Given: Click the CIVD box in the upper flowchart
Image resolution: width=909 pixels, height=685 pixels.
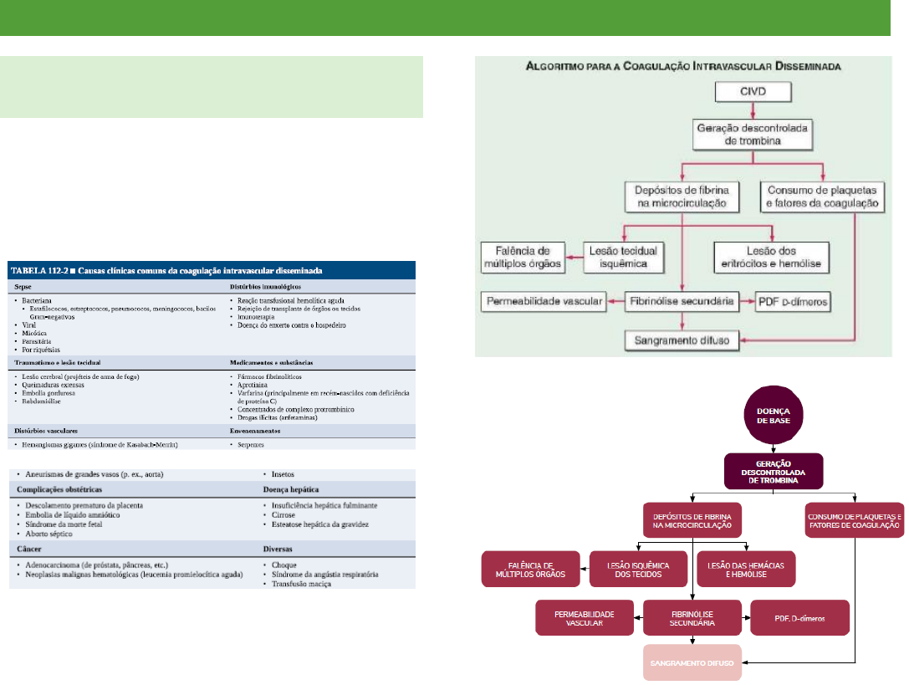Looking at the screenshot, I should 754,90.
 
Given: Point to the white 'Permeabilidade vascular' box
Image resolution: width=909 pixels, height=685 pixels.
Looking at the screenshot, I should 542,299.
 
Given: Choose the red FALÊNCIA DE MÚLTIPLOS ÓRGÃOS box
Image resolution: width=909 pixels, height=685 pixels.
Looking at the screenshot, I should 531,569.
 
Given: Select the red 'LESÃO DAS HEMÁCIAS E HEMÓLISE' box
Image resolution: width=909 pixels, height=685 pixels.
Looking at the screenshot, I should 746,569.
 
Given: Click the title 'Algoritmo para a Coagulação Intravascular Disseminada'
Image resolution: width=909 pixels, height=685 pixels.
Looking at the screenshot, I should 682,64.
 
